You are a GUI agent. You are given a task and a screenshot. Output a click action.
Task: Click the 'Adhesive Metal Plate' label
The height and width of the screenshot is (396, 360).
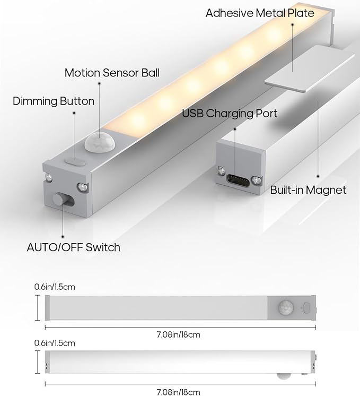coord(260,13)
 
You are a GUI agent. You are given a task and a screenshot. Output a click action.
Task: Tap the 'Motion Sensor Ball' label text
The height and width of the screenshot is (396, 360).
coord(112,73)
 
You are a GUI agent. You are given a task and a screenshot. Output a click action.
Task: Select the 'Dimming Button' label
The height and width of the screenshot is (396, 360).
coord(54,101)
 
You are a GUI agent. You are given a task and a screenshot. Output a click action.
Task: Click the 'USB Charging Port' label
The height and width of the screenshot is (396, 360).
coord(230,113)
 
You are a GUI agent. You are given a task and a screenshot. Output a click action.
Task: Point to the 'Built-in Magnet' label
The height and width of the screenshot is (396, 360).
coord(308,190)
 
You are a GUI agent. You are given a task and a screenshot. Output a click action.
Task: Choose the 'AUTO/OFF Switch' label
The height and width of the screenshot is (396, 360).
coord(73,247)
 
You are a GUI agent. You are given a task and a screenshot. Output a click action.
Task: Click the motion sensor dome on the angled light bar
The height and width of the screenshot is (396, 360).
coord(98,142)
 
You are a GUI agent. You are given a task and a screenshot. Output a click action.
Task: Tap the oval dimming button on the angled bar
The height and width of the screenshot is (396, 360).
coord(74,158)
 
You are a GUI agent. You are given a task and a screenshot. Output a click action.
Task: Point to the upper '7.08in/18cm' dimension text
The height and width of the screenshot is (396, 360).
coord(179,334)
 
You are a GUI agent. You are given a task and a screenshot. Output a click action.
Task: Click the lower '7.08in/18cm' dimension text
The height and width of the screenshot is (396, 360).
coord(179,392)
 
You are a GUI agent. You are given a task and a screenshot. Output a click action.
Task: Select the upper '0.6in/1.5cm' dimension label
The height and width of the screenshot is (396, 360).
coord(55,287)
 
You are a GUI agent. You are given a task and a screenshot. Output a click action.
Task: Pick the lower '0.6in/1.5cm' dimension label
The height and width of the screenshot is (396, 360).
coord(55,343)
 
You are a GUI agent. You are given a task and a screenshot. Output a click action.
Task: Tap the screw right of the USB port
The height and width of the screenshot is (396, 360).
coord(257,180)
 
